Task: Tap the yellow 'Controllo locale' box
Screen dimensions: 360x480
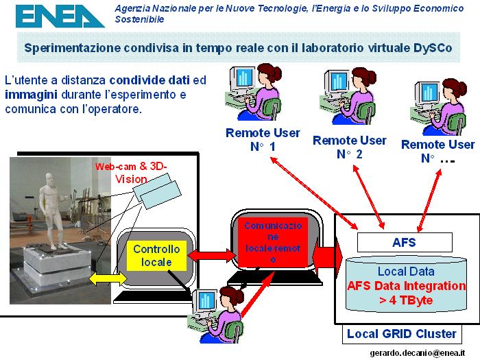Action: [157, 256]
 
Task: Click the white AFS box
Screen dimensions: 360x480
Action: [404, 242]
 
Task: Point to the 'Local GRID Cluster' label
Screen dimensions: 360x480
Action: [402, 334]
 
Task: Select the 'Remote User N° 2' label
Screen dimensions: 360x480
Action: [350, 147]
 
